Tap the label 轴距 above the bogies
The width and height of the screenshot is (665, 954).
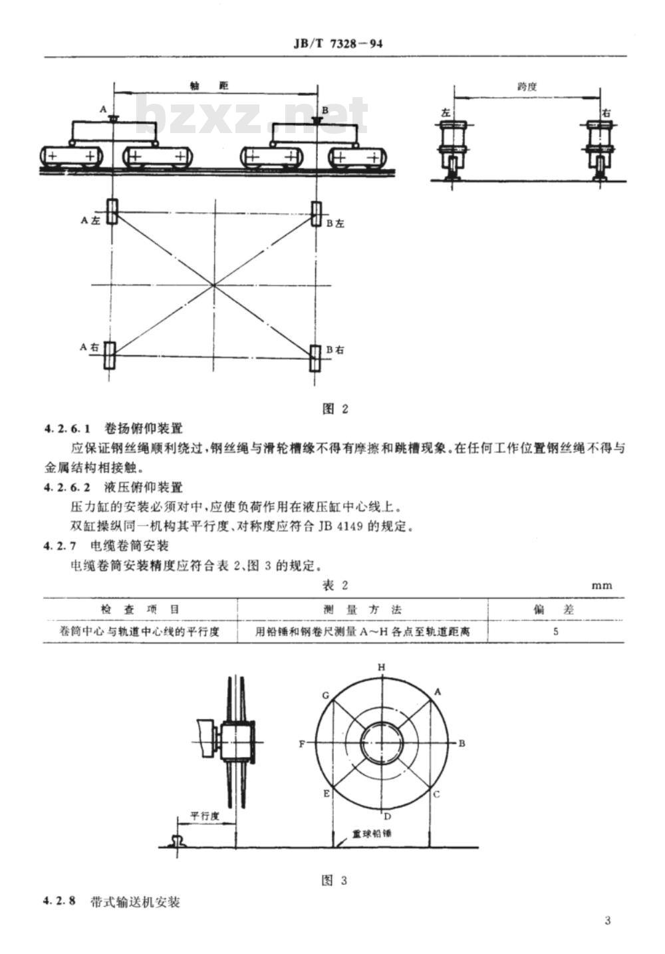coord(209,86)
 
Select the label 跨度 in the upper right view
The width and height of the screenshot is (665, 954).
coord(527,86)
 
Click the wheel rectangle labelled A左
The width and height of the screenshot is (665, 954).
coord(112,212)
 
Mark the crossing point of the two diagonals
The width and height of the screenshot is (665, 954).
coord(213,285)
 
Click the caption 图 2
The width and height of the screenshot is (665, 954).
coord(335,409)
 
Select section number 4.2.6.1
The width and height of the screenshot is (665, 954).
coord(67,428)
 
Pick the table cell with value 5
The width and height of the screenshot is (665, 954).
coord(555,631)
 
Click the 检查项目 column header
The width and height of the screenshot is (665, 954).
coord(140,609)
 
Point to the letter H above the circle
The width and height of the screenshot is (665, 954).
coord(382,667)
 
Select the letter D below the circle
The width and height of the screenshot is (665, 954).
coord(388,816)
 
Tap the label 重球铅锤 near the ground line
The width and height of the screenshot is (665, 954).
coord(371,833)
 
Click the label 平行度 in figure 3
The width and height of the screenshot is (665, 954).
coord(205,816)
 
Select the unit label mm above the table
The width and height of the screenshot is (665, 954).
coord(602,585)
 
